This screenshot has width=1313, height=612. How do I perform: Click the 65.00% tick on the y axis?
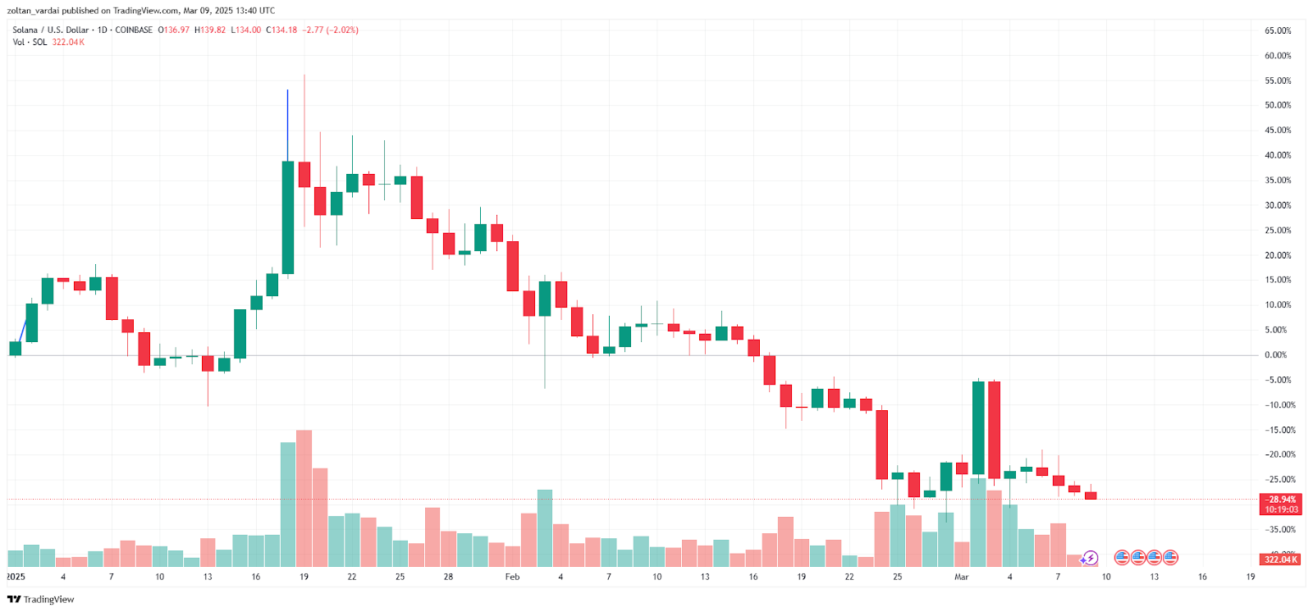click(x=1278, y=30)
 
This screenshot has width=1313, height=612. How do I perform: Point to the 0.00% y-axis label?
click(x=1275, y=355)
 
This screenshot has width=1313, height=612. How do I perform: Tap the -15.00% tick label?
click(x=1279, y=430)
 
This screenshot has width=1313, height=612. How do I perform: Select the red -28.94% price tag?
click(x=1280, y=499)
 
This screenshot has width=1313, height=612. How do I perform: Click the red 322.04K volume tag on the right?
click(x=1280, y=559)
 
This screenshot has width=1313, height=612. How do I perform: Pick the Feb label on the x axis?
click(x=512, y=577)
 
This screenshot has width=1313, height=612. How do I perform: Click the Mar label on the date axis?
click(x=961, y=577)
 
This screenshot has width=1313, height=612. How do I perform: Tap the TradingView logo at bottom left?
click(x=40, y=599)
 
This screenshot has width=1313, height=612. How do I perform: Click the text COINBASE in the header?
click(x=134, y=30)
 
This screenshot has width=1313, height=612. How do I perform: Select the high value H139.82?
click(x=210, y=30)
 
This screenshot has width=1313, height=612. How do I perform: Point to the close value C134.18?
click(x=281, y=30)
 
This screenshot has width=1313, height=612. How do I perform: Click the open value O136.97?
click(x=174, y=30)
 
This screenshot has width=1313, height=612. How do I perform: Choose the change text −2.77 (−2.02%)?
click(x=331, y=30)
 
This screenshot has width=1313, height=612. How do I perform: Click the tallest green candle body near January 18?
click(x=288, y=217)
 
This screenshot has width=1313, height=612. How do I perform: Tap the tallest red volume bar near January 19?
click(x=304, y=498)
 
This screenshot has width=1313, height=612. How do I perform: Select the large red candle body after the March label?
click(x=994, y=430)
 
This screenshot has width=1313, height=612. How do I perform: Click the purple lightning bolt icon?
click(x=1091, y=559)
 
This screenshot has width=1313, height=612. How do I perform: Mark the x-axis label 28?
click(x=448, y=577)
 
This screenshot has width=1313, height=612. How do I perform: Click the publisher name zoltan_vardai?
click(x=34, y=11)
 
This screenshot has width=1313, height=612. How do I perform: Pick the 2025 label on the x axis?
click(x=16, y=577)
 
